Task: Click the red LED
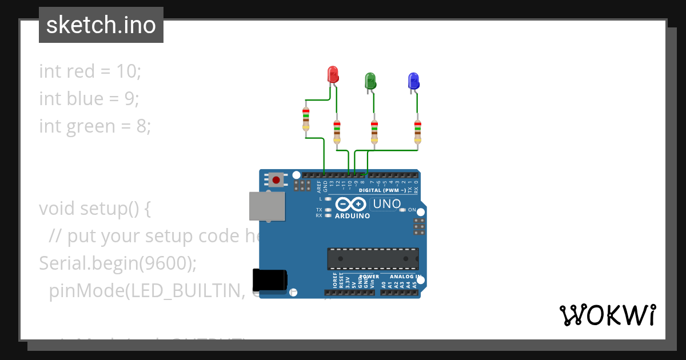click(333, 74)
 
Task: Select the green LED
click(370, 81)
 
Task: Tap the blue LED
click(413, 81)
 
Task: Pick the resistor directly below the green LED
click(374, 131)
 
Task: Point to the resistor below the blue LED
click(418, 131)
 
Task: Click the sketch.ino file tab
click(101, 25)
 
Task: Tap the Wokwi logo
click(607, 314)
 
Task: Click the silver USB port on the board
click(267, 206)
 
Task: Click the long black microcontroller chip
click(372, 258)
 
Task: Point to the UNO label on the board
click(386, 204)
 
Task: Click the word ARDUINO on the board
click(352, 216)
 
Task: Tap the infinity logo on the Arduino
click(350, 205)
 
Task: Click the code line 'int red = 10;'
click(90, 71)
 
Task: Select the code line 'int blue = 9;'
click(89, 99)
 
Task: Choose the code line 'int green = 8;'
click(95, 126)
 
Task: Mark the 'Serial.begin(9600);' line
click(118, 263)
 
